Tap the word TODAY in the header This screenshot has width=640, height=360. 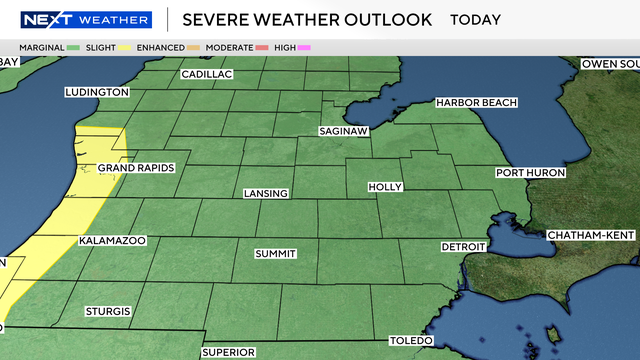tap(477, 20)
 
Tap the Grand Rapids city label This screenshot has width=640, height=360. tap(136, 167)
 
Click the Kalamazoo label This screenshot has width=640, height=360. tap(112, 241)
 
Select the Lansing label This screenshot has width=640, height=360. tap(266, 193)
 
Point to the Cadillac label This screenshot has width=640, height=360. tap(207, 74)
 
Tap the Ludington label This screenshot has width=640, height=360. tap(97, 92)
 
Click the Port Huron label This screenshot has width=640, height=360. tap(531, 173)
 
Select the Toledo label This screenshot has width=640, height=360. tap(411, 340)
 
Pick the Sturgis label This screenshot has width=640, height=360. tap(108, 312)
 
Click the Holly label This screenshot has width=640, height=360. tap(385, 187)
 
